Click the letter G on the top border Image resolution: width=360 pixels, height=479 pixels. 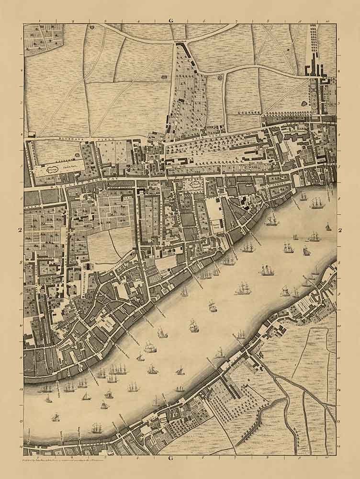click(x=170, y=21)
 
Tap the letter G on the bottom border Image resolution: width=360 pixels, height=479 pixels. click(x=170, y=459)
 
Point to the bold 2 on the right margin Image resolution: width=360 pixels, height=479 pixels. click(x=340, y=231)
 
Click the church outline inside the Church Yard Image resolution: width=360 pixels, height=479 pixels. click(x=52, y=168)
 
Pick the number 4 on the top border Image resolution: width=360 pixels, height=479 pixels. click(x=138, y=21)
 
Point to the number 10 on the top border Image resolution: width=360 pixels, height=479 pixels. click(x=328, y=21)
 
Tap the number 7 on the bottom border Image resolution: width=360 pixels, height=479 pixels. click(x=236, y=458)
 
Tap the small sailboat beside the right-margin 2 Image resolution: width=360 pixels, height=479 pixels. click(x=328, y=227)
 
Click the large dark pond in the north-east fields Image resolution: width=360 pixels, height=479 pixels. click(x=305, y=102)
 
